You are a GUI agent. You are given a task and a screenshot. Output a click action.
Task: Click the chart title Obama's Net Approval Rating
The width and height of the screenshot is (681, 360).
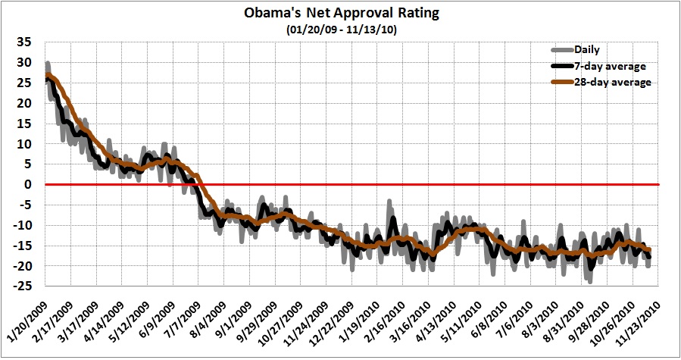click(340, 14)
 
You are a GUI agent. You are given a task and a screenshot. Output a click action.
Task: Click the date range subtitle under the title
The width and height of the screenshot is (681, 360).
click(340, 30)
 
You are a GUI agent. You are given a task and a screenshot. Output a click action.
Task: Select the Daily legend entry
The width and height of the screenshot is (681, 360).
click(588, 50)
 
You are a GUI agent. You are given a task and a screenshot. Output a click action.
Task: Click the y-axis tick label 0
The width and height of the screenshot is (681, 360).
click(30, 184)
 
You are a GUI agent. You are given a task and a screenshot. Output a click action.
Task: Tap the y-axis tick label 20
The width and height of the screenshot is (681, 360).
click(27, 102)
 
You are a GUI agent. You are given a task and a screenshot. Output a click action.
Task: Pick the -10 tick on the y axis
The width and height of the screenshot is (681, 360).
click(24, 225)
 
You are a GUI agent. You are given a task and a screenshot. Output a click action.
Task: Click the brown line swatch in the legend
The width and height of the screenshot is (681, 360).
click(562, 82)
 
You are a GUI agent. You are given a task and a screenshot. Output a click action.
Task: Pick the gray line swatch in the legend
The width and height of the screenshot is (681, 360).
click(562, 50)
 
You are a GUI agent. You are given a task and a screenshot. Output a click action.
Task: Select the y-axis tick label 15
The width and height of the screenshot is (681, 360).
click(27, 123)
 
